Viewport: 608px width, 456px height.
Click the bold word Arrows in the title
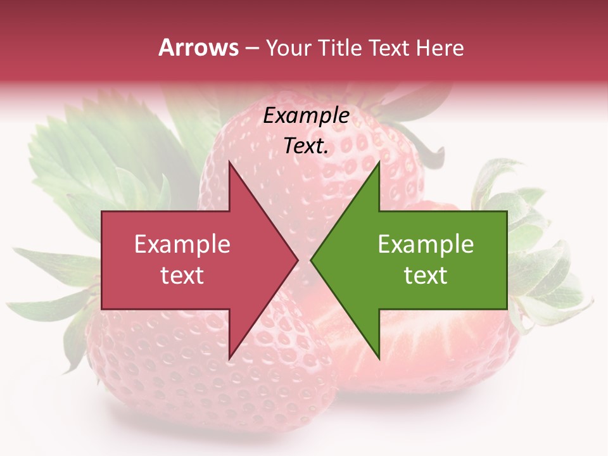pyautogui.click(x=198, y=47)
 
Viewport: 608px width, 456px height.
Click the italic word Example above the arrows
pyautogui.click(x=306, y=116)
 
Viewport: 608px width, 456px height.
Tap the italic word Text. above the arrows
pyautogui.click(x=306, y=146)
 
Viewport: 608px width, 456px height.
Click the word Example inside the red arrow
pyautogui.click(x=182, y=244)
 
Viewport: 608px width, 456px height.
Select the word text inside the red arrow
pyautogui.click(x=182, y=275)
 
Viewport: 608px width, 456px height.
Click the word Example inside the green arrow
pyautogui.click(x=426, y=244)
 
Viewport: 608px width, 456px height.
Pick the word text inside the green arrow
pyautogui.click(x=426, y=275)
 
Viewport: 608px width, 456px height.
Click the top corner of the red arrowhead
pyautogui.click(x=229, y=162)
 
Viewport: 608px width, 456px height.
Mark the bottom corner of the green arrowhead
pyautogui.click(x=379, y=358)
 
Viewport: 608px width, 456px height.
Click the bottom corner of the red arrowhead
pyautogui.click(x=229, y=358)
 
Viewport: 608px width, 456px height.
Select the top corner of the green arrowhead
pyautogui.click(x=379, y=162)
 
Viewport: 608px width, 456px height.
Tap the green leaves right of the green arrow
pyautogui.click(x=545, y=266)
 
